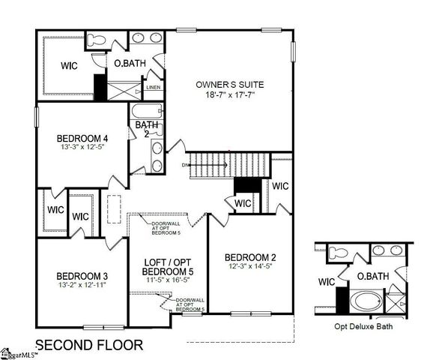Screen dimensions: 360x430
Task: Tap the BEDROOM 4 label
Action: pyautogui.click(x=83, y=139)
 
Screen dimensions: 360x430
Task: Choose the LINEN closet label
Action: pyautogui.click(x=154, y=87)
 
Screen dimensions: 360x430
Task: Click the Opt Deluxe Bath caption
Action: pyautogui.click(x=363, y=327)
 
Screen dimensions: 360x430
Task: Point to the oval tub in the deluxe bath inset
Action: pyautogui.click(x=366, y=304)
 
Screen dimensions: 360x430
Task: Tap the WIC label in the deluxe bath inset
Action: pyautogui.click(x=325, y=283)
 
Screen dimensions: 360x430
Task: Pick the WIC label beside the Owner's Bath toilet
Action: pyautogui.click(x=70, y=65)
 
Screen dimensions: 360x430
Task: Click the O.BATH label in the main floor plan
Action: pyautogui.click(x=129, y=64)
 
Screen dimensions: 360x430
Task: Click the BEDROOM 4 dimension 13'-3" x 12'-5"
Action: pyautogui.click(x=83, y=148)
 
